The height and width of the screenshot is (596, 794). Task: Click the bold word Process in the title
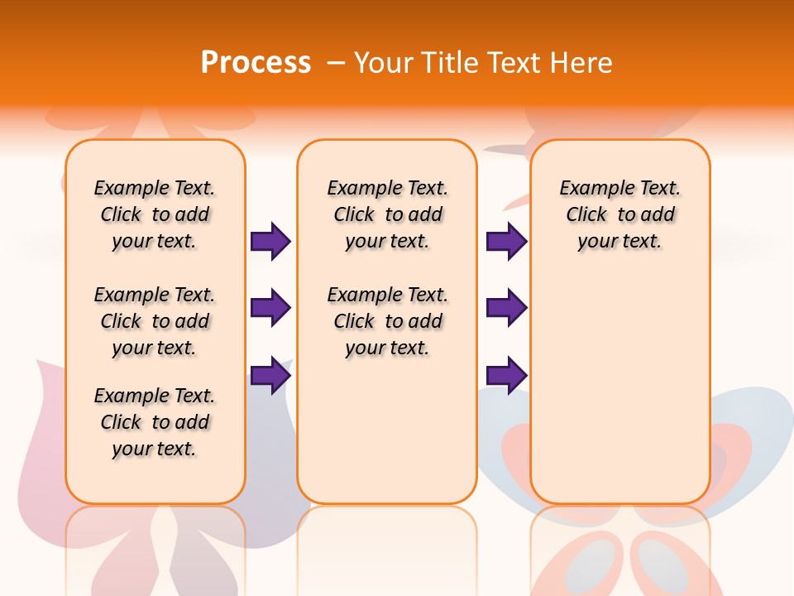click(256, 63)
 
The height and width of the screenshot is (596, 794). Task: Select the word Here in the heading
click(582, 63)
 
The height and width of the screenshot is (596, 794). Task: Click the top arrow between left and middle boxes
click(270, 242)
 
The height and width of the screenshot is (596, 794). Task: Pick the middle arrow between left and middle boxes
click(270, 308)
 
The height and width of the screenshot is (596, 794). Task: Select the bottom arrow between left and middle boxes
click(270, 375)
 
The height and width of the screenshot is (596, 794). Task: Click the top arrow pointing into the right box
click(506, 242)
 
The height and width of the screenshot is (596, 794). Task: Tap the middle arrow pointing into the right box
click(506, 308)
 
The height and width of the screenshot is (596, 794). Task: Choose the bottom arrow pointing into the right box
click(506, 375)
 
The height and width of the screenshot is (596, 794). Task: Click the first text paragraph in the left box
click(155, 214)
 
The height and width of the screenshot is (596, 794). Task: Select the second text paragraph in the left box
click(155, 321)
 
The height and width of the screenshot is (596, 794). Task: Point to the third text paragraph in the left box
click(155, 422)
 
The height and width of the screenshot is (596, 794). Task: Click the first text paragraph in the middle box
click(387, 214)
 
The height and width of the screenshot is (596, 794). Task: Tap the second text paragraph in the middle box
click(387, 321)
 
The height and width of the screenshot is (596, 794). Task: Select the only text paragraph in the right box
click(619, 214)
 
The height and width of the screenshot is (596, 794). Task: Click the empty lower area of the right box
click(619, 397)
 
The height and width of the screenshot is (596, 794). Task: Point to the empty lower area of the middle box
click(387, 430)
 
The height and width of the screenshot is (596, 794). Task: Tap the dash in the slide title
click(336, 63)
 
